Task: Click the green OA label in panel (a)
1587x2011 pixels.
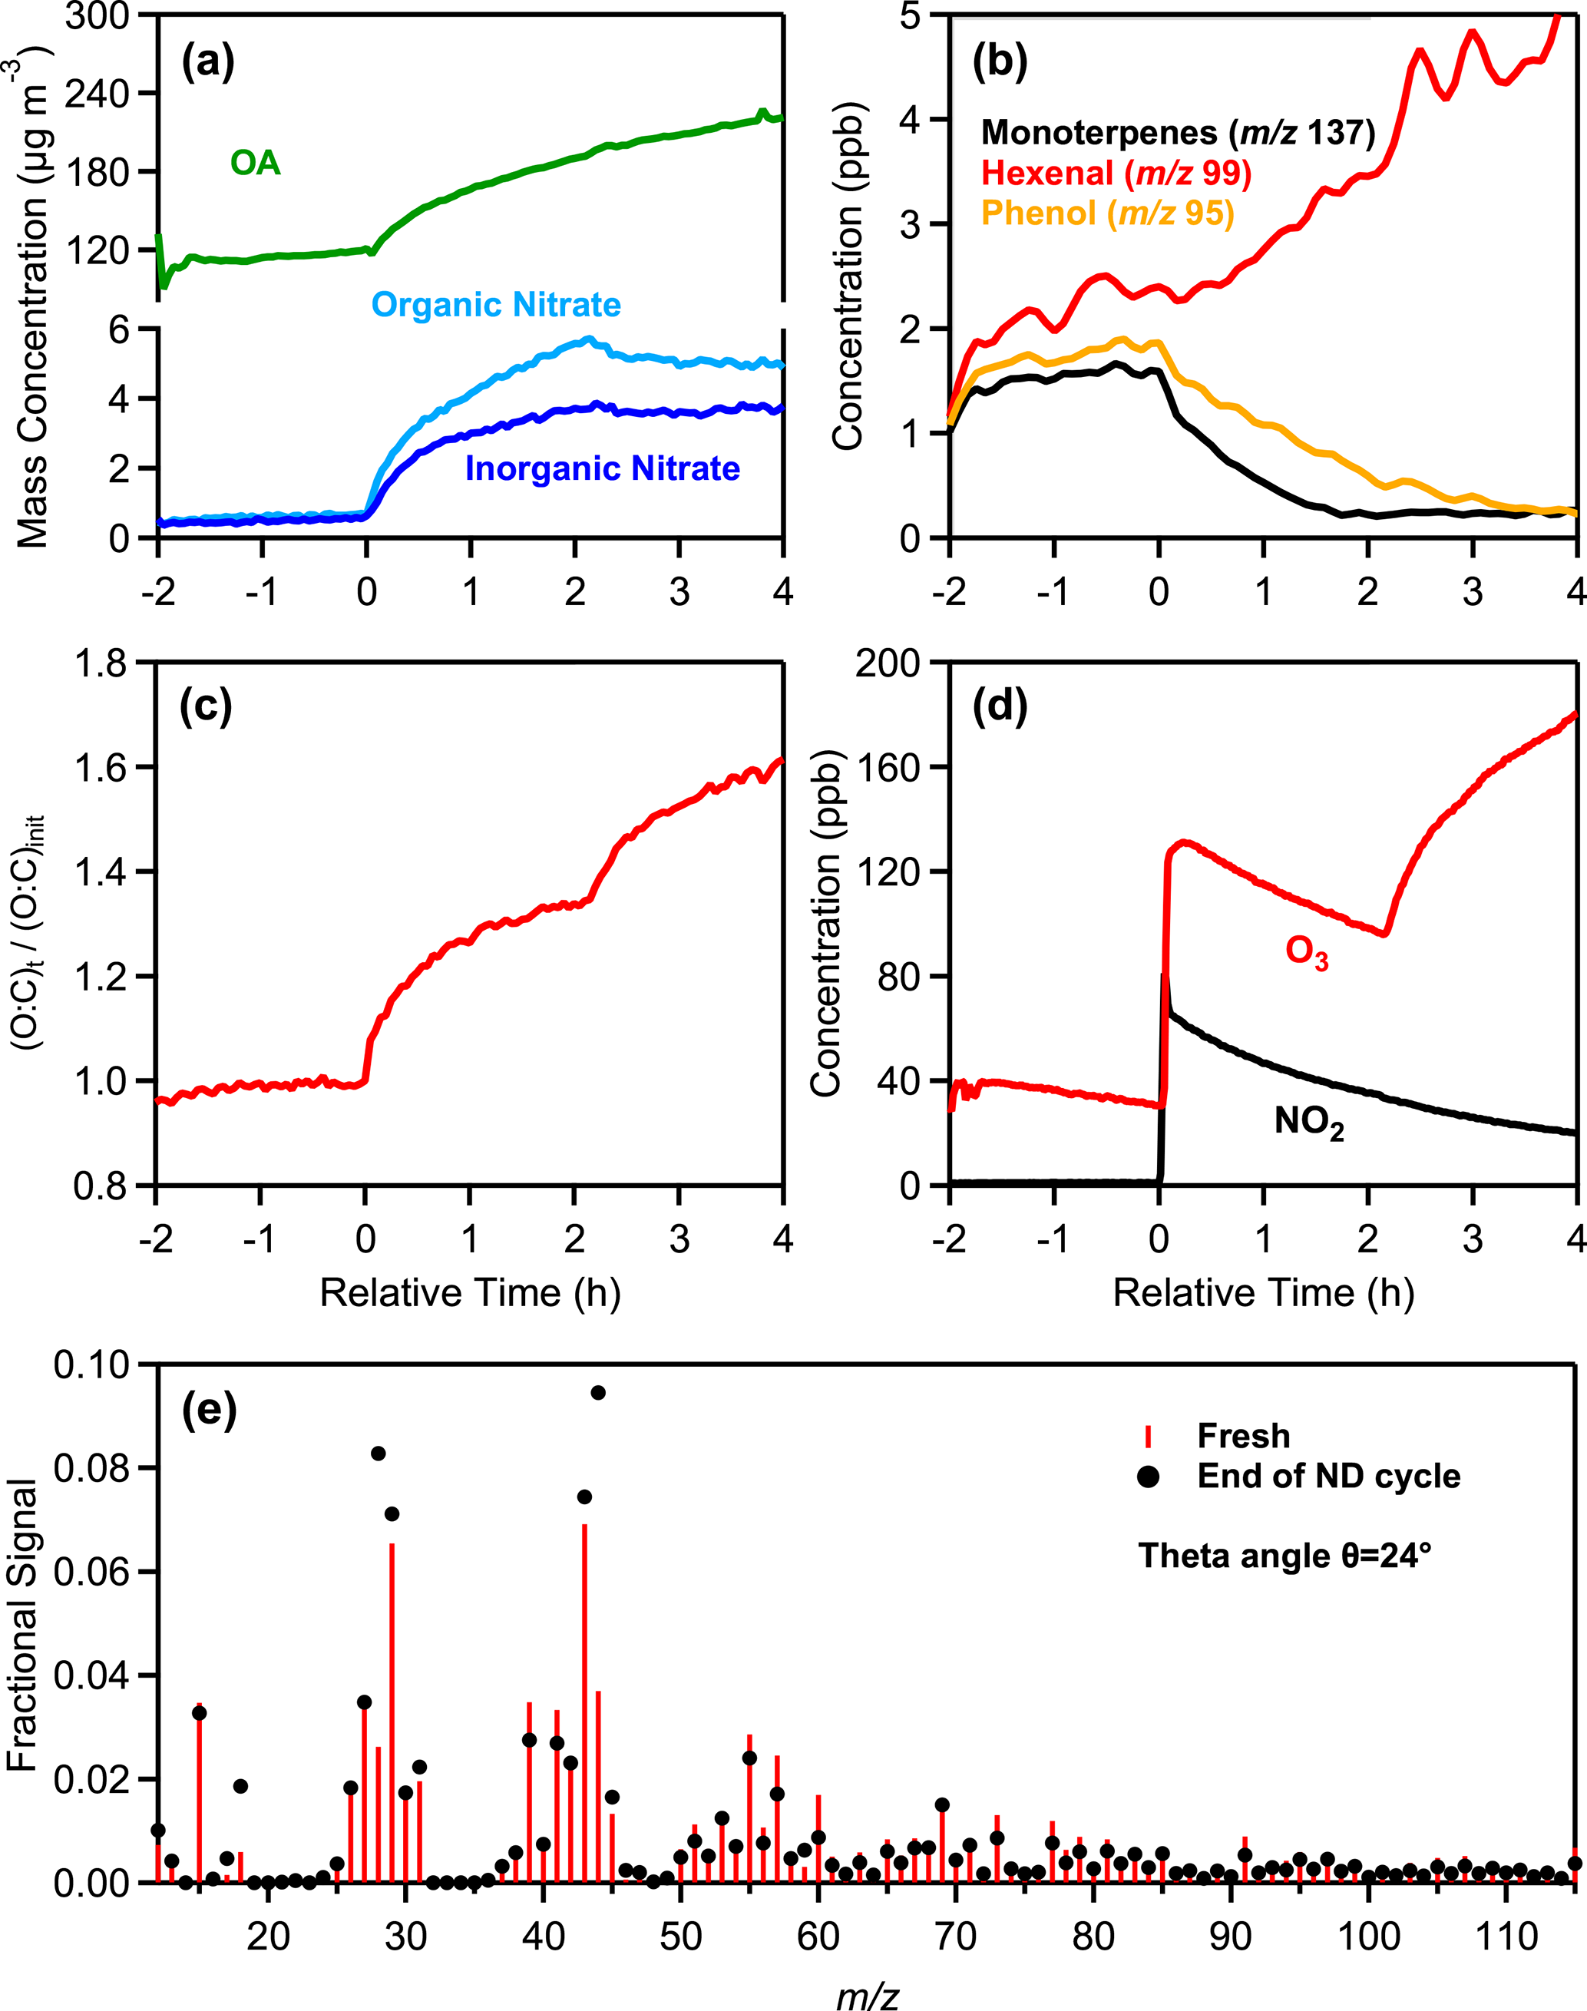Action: click(255, 164)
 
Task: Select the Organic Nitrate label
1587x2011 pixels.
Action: click(496, 305)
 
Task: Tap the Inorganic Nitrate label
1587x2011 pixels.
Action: click(602, 468)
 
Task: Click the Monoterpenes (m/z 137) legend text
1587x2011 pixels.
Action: click(1177, 133)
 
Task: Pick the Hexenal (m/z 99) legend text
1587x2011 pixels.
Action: click(1116, 174)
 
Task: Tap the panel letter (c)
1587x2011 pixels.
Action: click(205, 707)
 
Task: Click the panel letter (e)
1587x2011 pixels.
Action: click(209, 1410)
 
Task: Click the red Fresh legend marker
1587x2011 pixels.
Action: click(1149, 1437)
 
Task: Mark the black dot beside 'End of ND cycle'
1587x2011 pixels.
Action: click(1149, 1477)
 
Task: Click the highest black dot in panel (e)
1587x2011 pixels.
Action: click(598, 1393)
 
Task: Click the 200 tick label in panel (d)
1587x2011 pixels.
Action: click(887, 663)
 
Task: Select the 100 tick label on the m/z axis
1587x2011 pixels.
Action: click(1367, 1910)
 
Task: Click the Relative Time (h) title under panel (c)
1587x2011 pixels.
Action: click(470, 1292)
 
